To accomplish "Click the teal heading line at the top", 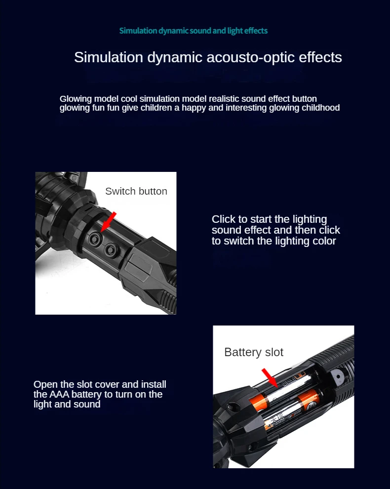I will point(194,31).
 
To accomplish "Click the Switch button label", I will point(136,191).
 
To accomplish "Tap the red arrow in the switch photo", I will point(109,220).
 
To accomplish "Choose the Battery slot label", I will point(254,352).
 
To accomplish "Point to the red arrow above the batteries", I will point(269,376).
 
